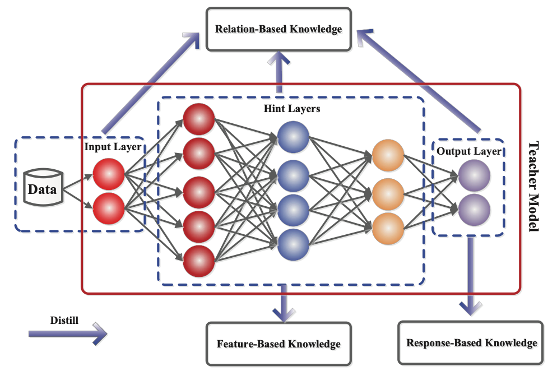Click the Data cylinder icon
coord(43,188)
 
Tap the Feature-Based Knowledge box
coord(278,344)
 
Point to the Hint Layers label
coord(291,109)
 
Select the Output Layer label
coord(468,151)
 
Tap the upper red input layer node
coord(108,174)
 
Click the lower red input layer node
coord(108,209)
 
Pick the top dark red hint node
coord(199,119)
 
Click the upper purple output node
coord(474,176)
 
